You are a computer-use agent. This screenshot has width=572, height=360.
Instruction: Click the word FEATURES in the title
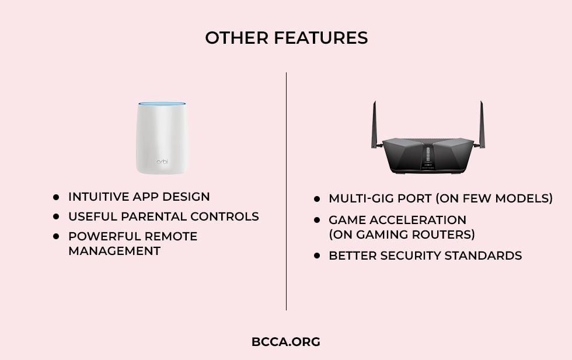320,38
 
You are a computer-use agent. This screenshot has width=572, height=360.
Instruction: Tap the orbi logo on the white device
162,161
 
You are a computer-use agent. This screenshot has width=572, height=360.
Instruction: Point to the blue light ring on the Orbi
162,104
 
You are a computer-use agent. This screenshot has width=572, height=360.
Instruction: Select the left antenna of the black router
374,125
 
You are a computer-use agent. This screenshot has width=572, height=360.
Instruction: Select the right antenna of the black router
482,125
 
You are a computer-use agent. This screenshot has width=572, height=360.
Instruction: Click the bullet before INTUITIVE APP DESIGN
56,197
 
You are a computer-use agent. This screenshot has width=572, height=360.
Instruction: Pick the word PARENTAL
153,216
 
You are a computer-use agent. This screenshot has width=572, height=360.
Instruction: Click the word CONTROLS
224,216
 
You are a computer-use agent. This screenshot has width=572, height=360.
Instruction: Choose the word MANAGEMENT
114,251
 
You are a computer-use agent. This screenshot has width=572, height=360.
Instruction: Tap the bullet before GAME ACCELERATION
316,220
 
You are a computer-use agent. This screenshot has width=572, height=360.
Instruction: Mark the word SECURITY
410,256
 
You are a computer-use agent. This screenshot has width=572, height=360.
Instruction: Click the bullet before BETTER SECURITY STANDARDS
316,256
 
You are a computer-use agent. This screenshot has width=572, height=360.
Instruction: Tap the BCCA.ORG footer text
286,342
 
